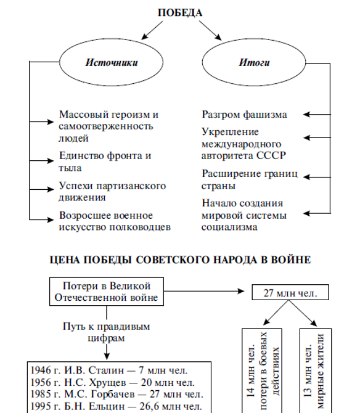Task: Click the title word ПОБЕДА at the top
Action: [x=180, y=13]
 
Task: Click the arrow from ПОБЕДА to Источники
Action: [x=152, y=30]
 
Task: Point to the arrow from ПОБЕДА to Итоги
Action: [x=210, y=31]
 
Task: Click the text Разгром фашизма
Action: [x=244, y=115]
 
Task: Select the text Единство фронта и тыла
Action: [x=105, y=162]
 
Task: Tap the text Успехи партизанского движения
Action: [x=112, y=192]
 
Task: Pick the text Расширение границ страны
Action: [x=250, y=179]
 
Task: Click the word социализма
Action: [x=229, y=227]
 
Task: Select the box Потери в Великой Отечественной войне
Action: [x=107, y=292]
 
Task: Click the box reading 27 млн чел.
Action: [x=290, y=292]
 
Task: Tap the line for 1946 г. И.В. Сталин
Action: [x=109, y=370]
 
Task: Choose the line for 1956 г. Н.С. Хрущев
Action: [x=113, y=382]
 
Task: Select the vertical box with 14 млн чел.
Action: [x=262, y=370]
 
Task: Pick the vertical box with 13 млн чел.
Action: [x=316, y=370]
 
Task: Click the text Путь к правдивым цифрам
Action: [x=107, y=332]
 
